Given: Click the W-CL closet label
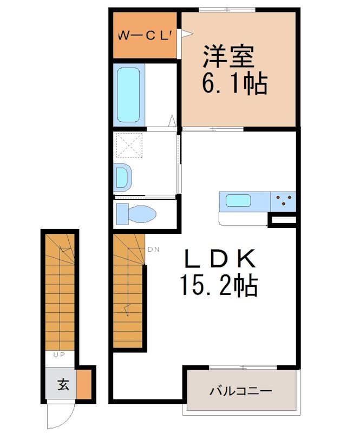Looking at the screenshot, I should point(145,36).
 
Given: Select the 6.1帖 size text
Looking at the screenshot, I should point(234,84).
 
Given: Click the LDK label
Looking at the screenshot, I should point(220,260).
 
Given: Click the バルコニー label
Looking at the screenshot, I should point(240,390).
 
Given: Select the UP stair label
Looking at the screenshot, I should point(60,356).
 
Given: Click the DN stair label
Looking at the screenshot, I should point(153,250).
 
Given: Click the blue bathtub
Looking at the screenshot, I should point(129,95).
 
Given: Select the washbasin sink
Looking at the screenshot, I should point(123,178).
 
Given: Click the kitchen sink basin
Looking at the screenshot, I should point(238,201).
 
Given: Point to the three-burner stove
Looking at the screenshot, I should point(283,201).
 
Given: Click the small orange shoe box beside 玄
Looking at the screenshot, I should point(84,384).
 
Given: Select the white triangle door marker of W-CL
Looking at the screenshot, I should point(186,34).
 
